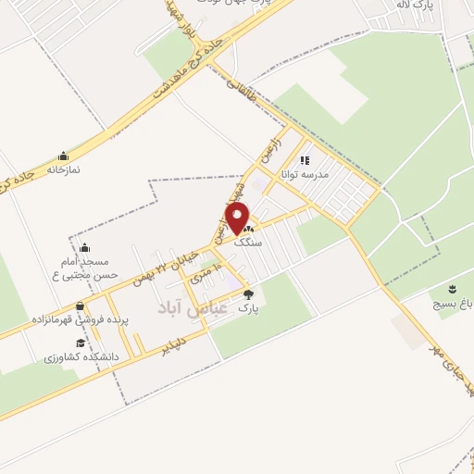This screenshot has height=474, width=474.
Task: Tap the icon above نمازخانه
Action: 63,156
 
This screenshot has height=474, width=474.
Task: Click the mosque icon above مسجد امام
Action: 84,247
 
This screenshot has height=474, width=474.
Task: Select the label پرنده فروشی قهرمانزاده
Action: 79,319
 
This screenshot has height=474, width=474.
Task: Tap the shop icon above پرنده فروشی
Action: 80,306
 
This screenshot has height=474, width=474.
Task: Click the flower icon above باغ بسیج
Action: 453,288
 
